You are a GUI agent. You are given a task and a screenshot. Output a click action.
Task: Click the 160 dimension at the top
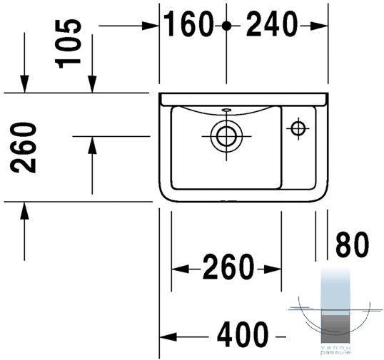pos(187,24)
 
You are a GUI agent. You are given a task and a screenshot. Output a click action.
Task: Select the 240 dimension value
pos(272,24)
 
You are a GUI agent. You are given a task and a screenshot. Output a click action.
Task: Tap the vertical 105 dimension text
pos(68,43)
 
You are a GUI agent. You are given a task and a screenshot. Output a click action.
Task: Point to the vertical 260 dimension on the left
pos(23,148)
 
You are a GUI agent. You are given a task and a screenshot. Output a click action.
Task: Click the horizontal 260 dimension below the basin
pos(228,267)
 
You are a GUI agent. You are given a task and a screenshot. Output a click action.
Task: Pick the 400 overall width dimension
pos(242,334)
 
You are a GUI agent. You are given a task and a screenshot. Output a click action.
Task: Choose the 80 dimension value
pos(352,245)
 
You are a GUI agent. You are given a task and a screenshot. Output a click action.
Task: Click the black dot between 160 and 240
pos(226,26)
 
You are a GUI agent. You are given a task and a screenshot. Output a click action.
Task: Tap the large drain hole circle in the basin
pos(226,136)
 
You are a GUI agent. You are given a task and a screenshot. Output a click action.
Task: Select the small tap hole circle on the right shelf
pos(298,128)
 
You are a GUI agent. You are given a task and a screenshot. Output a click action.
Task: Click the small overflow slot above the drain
pos(226,110)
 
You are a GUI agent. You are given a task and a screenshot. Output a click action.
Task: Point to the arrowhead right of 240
pos(318,26)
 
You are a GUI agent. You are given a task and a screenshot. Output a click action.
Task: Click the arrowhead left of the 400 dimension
pos(168,336)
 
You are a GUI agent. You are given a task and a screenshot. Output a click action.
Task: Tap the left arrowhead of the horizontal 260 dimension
pos(180,269)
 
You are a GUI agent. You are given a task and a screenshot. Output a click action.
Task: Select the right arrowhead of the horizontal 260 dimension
pos(273,269)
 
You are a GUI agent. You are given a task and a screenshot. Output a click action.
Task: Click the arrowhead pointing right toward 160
pos(150,26)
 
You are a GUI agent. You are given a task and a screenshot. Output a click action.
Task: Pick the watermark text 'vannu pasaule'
pos(335,351)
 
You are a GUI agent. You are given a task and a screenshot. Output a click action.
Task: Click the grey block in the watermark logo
pos(335,329)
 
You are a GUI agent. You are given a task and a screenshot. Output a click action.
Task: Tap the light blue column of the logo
pos(335,289)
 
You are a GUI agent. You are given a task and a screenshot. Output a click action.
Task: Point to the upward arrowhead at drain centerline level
pos(92,145)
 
